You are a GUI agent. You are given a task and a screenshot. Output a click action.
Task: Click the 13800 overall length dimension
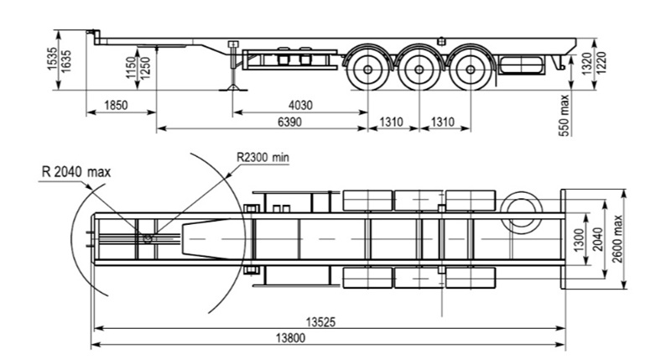[290, 338]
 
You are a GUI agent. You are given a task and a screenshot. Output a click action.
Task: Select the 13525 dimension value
[320, 322]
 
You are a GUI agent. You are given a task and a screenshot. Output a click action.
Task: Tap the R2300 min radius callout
[263, 157]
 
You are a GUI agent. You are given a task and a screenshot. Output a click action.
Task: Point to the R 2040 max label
[76, 172]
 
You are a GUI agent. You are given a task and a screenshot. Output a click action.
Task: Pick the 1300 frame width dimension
[578, 240]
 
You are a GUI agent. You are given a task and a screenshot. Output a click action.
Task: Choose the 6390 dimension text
[289, 122]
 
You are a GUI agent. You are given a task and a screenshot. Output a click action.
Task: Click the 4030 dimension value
[300, 105]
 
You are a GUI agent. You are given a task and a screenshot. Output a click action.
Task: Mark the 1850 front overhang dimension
[116, 105]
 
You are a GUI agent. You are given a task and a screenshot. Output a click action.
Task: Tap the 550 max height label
[564, 116]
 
